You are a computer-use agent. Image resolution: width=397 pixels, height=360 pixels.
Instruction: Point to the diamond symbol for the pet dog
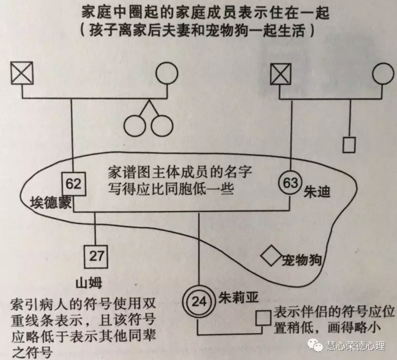click(272, 256)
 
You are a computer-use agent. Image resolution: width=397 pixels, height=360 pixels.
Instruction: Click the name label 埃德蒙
click(51, 203)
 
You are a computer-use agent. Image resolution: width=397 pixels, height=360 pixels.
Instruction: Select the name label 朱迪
click(317, 192)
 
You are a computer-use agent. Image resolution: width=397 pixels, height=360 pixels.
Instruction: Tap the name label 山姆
click(89, 283)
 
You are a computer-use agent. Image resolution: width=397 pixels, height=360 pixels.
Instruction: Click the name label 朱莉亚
click(239, 298)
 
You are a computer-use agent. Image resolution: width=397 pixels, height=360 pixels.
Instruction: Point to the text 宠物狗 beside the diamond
click(302, 260)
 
